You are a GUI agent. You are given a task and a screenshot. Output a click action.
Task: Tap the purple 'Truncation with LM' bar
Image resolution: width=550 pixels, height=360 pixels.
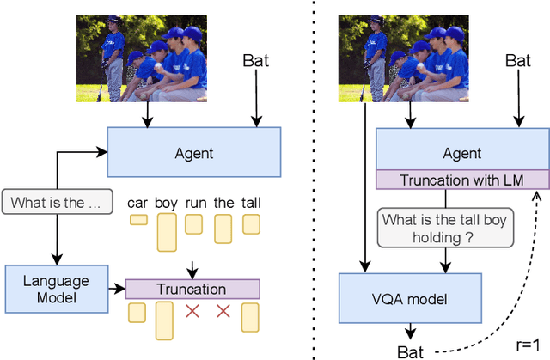coord(462,179)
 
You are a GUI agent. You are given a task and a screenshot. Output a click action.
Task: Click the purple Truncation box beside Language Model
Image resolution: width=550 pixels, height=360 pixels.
coord(192,290)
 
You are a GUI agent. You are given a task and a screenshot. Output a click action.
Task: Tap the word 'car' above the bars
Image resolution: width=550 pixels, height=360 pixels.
coord(137,203)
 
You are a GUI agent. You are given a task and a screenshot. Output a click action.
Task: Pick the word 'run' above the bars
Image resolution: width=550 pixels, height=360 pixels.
coord(193,203)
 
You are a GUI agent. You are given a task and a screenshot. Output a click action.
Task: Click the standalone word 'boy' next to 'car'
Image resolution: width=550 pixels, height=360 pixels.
coord(166,203)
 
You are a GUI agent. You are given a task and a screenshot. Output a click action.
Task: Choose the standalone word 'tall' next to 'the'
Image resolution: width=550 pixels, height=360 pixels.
coord(251,203)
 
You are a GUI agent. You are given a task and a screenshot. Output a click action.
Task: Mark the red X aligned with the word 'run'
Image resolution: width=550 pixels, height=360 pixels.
coord(193,311)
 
